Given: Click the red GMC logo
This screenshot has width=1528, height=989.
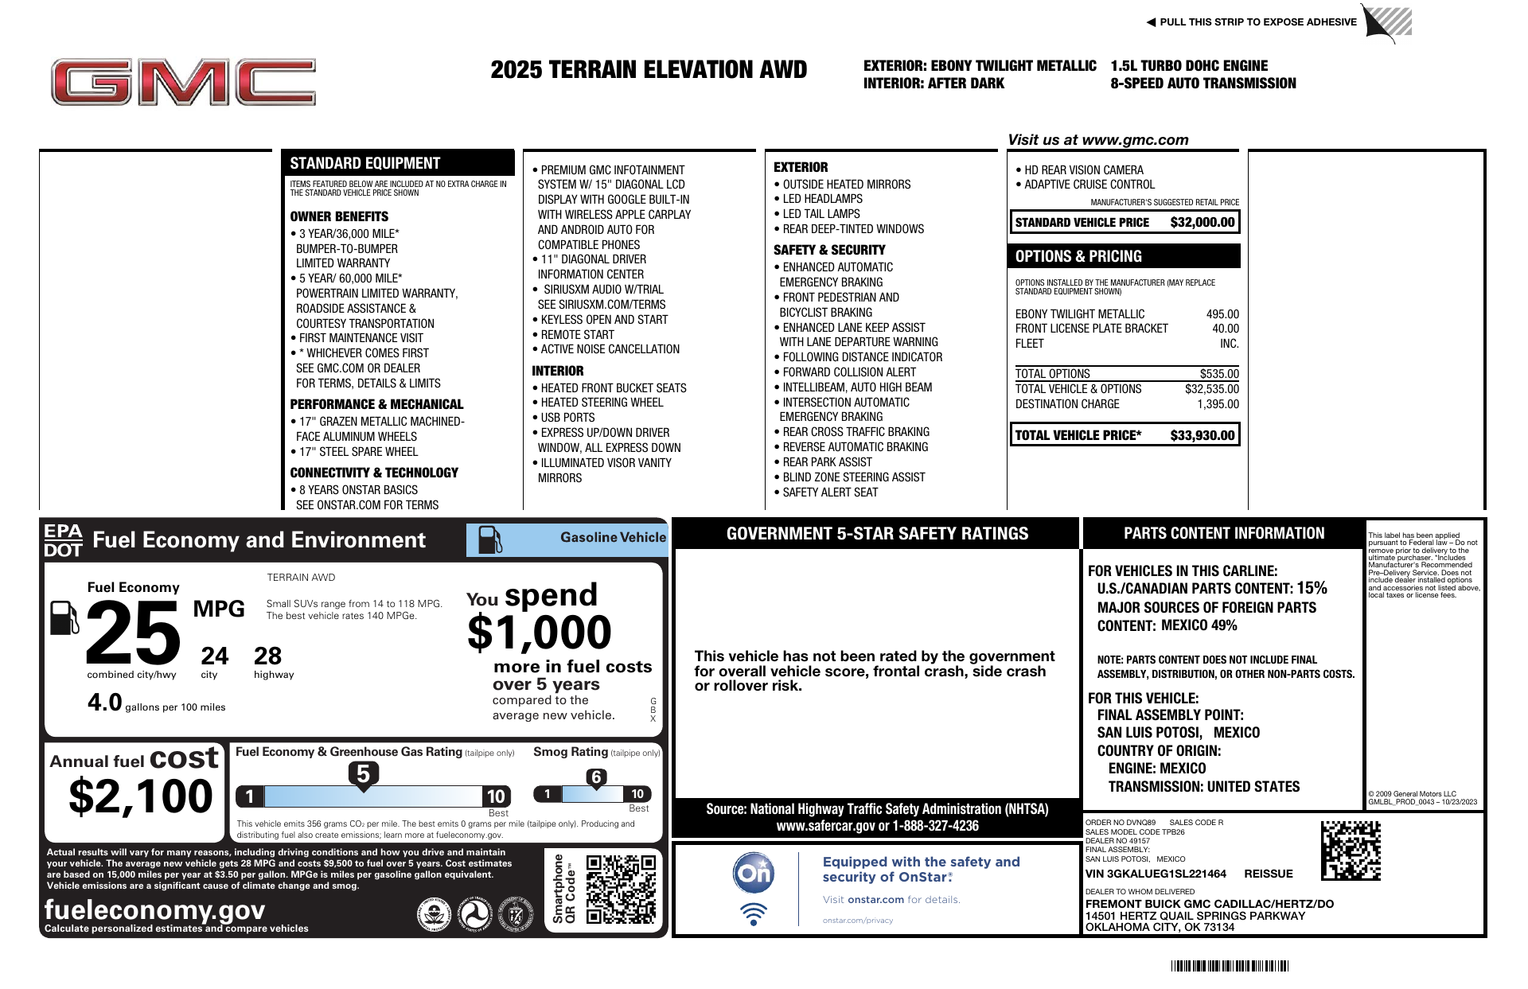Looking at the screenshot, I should point(183,82).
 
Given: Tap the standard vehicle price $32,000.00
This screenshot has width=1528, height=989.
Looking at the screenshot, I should point(1202,223).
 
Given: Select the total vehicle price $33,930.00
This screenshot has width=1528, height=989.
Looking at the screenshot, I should point(1202,435).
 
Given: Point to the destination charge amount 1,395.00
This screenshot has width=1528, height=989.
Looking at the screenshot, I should point(1218,404).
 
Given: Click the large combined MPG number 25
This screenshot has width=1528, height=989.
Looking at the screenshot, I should point(133,633).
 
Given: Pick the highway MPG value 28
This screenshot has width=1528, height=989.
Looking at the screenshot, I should point(267,656).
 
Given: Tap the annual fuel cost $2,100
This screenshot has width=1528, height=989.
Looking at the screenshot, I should point(141,796).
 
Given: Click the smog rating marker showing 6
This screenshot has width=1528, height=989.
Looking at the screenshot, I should point(596,777).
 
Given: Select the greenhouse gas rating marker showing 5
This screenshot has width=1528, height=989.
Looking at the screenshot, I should point(363,774).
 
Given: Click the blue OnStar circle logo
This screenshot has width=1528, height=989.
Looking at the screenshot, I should point(753,873).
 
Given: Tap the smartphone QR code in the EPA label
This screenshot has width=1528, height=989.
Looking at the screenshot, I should point(621,889).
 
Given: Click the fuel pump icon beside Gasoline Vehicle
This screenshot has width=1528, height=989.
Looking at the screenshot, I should point(489,539).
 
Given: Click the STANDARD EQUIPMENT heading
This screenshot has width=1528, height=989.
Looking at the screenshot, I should point(364,163).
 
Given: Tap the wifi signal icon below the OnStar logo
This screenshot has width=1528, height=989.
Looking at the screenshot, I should point(753,913).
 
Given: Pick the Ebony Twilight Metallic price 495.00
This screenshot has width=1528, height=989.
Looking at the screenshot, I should point(1222,314).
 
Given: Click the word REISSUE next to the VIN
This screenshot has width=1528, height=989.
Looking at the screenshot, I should point(1268,874).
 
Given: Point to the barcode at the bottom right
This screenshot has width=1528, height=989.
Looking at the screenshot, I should point(1230,966).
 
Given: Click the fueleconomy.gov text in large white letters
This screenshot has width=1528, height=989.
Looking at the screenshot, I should point(154,909).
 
